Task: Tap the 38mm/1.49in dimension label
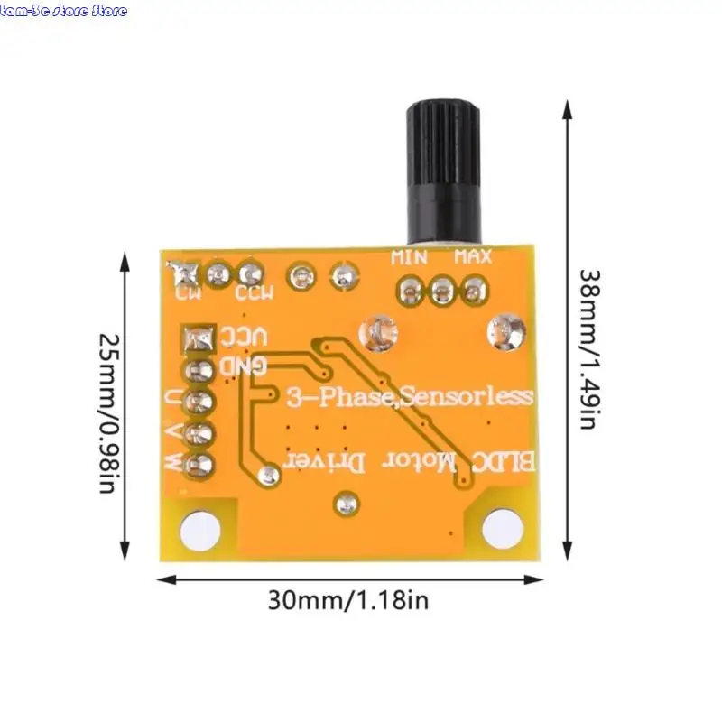(588, 347)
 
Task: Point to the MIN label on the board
(409, 257)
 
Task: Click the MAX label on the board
(472, 257)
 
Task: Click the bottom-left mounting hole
(199, 528)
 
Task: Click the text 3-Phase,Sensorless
(410, 396)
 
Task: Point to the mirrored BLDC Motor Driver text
(412, 461)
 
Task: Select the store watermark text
(63, 11)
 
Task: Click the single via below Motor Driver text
(346, 502)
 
